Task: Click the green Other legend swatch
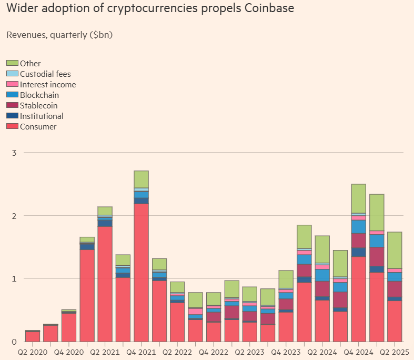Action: coord(12,64)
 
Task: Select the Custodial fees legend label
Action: coord(45,74)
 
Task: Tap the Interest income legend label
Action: coord(48,85)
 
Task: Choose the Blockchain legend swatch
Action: coord(12,95)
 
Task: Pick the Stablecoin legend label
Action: coord(39,106)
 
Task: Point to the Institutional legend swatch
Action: coord(12,116)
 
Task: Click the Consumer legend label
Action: coord(38,127)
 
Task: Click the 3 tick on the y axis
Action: coord(14,153)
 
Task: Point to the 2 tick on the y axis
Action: coord(14,216)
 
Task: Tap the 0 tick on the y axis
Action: coord(14,342)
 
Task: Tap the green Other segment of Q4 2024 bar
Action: coord(358,198)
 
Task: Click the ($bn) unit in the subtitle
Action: coord(102,35)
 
